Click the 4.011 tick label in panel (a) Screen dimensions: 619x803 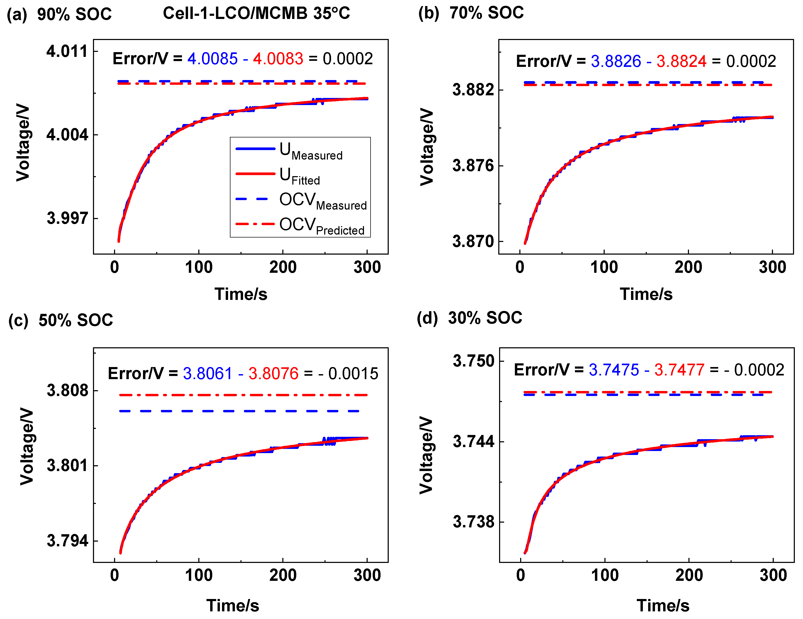coord(67,51)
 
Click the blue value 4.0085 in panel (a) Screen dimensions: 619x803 coord(213,59)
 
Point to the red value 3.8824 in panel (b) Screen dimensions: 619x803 coord(681,61)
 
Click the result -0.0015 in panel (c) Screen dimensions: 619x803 coord(348,373)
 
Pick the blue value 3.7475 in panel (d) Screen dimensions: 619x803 coord(614,370)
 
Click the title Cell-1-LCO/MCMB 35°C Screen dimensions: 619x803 coord(256,14)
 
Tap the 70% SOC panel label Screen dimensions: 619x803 coord(486,13)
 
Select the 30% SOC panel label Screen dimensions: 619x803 coord(485,318)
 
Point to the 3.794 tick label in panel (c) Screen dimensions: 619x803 coord(67,541)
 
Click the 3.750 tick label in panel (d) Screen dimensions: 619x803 coord(474,361)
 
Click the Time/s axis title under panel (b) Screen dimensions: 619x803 coord(646,294)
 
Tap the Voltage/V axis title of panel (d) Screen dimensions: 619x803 coord(426,455)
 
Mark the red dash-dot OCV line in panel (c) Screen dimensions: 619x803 coord(243,395)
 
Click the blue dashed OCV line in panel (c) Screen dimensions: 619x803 coord(239,411)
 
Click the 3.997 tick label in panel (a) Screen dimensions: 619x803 coord(67,218)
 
